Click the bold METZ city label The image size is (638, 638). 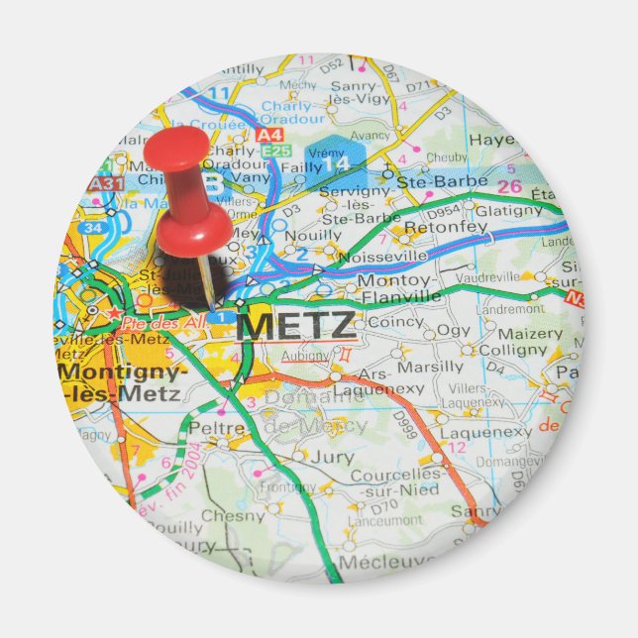click(296, 325)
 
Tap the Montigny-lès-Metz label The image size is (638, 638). click(121, 382)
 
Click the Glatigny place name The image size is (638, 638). click(508, 210)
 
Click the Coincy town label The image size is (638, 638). click(395, 322)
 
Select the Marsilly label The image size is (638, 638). click(430, 367)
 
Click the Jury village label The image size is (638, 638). click(331, 458)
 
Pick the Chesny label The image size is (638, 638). click(234, 515)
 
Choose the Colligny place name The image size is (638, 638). click(512, 350)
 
